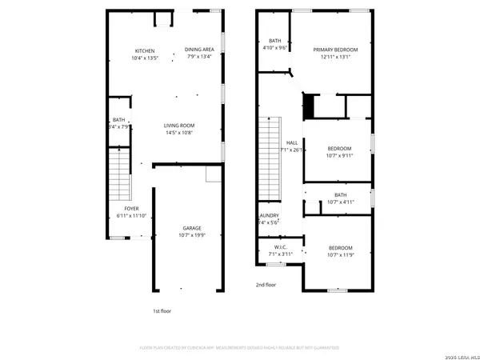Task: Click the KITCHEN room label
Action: click(x=145, y=50)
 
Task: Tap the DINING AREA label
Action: click(x=199, y=50)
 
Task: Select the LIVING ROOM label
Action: click(x=179, y=126)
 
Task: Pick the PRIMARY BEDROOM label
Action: click(x=335, y=50)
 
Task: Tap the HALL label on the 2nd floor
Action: click(x=292, y=143)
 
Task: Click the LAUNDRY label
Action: click(x=268, y=215)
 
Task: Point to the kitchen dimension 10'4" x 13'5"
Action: click(x=145, y=58)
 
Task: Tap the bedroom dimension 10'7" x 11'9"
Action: click(x=340, y=255)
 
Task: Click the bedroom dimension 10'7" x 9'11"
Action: click(x=340, y=157)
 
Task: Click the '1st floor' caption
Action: click(x=162, y=311)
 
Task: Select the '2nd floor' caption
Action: click(x=266, y=284)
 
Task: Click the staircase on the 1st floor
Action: click(x=118, y=175)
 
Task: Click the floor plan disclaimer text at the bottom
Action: click(x=239, y=349)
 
